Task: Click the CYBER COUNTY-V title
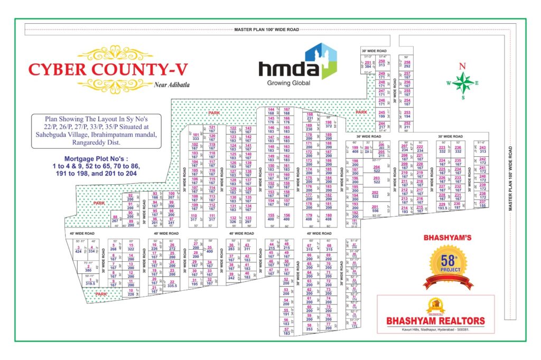108,70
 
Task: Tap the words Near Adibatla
171,84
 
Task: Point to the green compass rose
463,82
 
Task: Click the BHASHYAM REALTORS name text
435,320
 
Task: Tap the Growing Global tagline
288,83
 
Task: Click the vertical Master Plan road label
511,175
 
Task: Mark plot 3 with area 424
78,249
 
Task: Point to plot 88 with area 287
115,219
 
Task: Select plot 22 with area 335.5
172,285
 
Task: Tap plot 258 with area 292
407,64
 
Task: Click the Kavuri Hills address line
435,329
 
